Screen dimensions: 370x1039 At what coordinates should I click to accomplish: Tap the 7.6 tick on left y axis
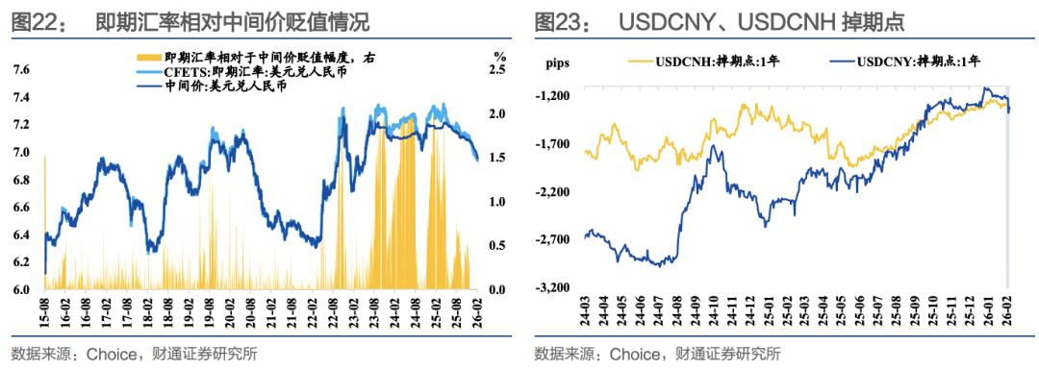pos(20,70)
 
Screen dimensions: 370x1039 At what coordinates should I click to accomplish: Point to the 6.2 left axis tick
pos(20,262)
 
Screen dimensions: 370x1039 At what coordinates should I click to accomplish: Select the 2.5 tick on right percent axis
pos(498,70)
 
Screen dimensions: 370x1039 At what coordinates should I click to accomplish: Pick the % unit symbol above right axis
pos(499,56)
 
